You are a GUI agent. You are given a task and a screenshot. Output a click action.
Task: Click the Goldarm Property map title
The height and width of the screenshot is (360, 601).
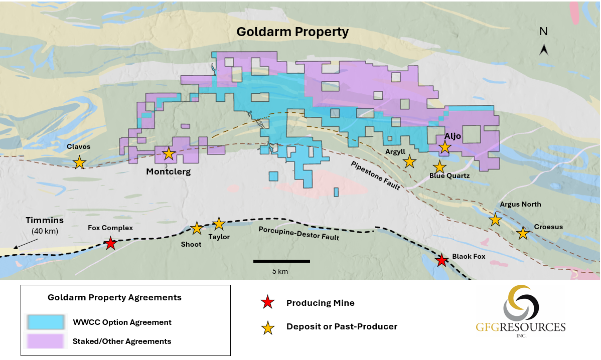[x=292, y=32]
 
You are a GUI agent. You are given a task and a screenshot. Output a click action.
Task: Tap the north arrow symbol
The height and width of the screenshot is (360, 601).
[x=543, y=49]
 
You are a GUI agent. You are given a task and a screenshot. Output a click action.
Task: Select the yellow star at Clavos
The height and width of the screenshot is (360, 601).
[x=79, y=162]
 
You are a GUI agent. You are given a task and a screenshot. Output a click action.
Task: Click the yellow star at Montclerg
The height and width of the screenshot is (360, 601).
[x=169, y=154]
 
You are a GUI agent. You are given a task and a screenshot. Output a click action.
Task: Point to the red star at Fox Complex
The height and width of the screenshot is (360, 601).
[x=110, y=244]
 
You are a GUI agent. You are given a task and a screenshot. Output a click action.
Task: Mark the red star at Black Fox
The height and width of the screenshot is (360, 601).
[x=441, y=260]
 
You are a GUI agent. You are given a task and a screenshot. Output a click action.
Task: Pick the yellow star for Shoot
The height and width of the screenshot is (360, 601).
[x=197, y=228]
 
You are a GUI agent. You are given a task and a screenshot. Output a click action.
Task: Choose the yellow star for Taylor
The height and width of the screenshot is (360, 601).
[x=219, y=224]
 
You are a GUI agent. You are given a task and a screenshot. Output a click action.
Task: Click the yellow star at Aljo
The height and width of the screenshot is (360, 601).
[x=444, y=146]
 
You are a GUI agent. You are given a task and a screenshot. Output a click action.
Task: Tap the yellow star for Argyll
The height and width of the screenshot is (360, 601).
[x=410, y=161]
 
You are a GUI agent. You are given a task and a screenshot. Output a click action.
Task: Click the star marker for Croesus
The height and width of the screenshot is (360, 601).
[x=523, y=233]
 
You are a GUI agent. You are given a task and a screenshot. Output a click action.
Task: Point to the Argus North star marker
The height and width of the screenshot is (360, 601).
[x=495, y=219]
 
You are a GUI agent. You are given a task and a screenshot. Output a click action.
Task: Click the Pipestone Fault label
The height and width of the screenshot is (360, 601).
[x=375, y=175]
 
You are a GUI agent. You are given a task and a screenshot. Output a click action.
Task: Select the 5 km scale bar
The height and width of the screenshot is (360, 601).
[x=281, y=261]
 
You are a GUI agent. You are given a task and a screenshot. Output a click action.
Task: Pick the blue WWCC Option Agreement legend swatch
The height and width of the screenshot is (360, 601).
[x=45, y=322]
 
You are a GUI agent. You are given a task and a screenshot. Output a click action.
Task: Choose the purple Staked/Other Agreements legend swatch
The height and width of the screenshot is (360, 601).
[x=45, y=341]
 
